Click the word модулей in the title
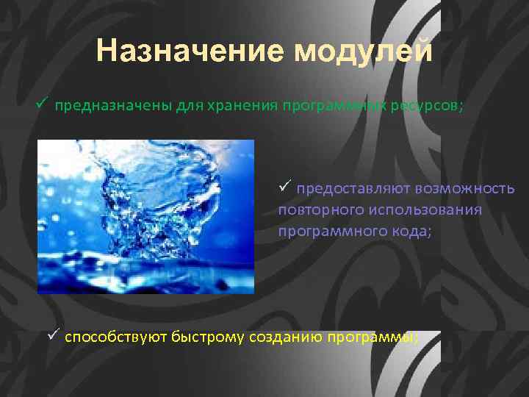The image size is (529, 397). tap(364, 51)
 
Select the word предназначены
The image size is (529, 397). tap(112, 104)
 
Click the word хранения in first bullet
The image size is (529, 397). tap(239, 104)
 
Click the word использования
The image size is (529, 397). tap(425, 210)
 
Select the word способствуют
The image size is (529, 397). tap(116, 337)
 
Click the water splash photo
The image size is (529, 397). tap(145, 216)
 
